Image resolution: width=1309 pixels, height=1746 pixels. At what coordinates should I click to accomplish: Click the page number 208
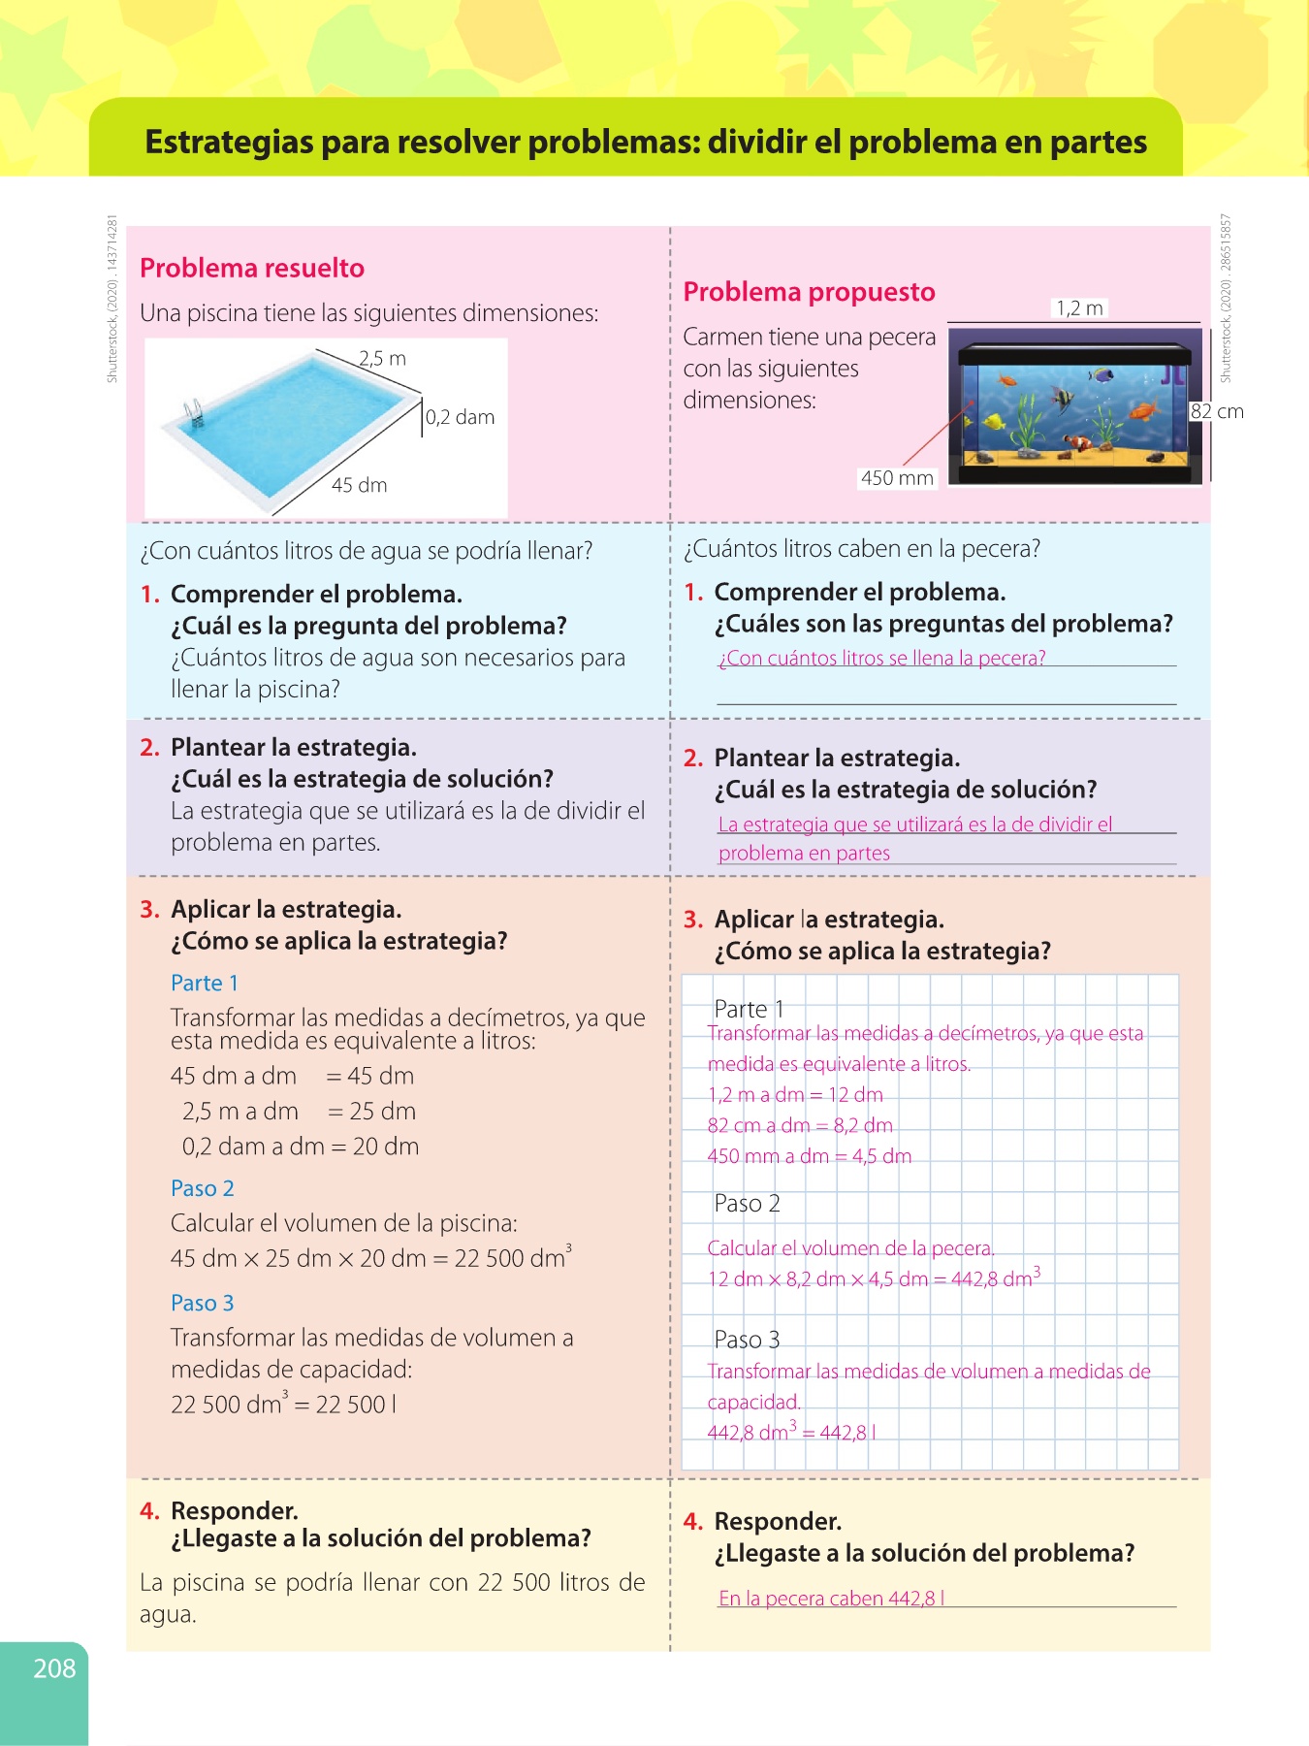(x=54, y=1668)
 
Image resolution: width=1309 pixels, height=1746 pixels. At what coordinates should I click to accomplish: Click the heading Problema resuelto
(x=252, y=268)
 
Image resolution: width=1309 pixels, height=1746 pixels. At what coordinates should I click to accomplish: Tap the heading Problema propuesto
(x=809, y=292)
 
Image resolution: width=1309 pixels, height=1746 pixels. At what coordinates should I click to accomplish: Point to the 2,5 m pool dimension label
(x=383, y=358)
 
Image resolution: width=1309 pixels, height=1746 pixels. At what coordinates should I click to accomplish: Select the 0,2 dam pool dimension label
(x=461, y=417)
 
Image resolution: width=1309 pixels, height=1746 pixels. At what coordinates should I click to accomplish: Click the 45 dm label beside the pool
(x=359, y=485)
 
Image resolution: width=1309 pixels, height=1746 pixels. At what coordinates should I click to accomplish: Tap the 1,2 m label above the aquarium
(x=1079, y=308)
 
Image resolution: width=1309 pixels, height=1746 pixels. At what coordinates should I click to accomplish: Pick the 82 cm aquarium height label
(x=1217, y=411)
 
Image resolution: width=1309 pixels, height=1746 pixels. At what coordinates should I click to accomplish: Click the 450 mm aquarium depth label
(x=897, y=478)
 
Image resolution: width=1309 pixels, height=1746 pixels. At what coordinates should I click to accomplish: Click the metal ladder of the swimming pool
(x=194, y=414)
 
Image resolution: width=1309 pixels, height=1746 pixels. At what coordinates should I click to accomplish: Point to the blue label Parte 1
(x=205, y=984)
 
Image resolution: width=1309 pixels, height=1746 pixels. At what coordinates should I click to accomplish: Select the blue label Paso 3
(x=203, y=1303)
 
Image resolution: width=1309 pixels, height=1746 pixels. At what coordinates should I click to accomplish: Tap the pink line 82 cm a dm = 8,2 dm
(x=800, y=1126)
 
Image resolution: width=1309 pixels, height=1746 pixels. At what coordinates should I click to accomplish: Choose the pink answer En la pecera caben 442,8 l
(x=831, y=1599)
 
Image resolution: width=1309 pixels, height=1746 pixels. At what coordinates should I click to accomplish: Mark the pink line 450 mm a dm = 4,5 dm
(x=810, y=1156)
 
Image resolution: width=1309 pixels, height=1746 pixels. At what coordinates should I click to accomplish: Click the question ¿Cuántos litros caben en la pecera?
(x=862, y=549)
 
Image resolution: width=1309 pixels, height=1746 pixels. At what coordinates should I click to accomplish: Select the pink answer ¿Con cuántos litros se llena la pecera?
(x=881, y=658)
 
